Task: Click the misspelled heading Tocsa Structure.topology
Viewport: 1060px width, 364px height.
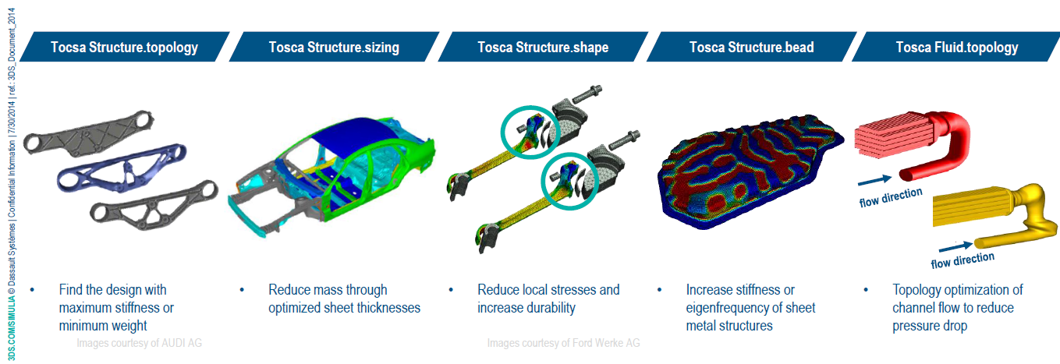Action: click(125, 48)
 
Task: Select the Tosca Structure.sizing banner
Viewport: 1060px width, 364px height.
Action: click(334, 47)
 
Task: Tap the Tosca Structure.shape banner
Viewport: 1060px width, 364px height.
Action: click(543, 47)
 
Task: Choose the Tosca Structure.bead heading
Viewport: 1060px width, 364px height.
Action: click(751, 48)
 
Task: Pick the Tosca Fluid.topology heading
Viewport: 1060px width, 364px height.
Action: click(957, 48)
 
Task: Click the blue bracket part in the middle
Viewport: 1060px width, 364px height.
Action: click(122, 168)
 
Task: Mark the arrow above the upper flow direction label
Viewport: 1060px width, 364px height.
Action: click(874, 180)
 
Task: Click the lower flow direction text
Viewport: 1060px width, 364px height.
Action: click(963, 260)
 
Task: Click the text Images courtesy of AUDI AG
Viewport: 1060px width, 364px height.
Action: click(139, 343)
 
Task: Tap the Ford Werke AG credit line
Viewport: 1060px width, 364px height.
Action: click(564, 343)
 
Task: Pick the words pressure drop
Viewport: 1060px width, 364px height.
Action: click(930, 326)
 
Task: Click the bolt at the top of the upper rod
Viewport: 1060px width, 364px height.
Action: click(587, 94)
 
